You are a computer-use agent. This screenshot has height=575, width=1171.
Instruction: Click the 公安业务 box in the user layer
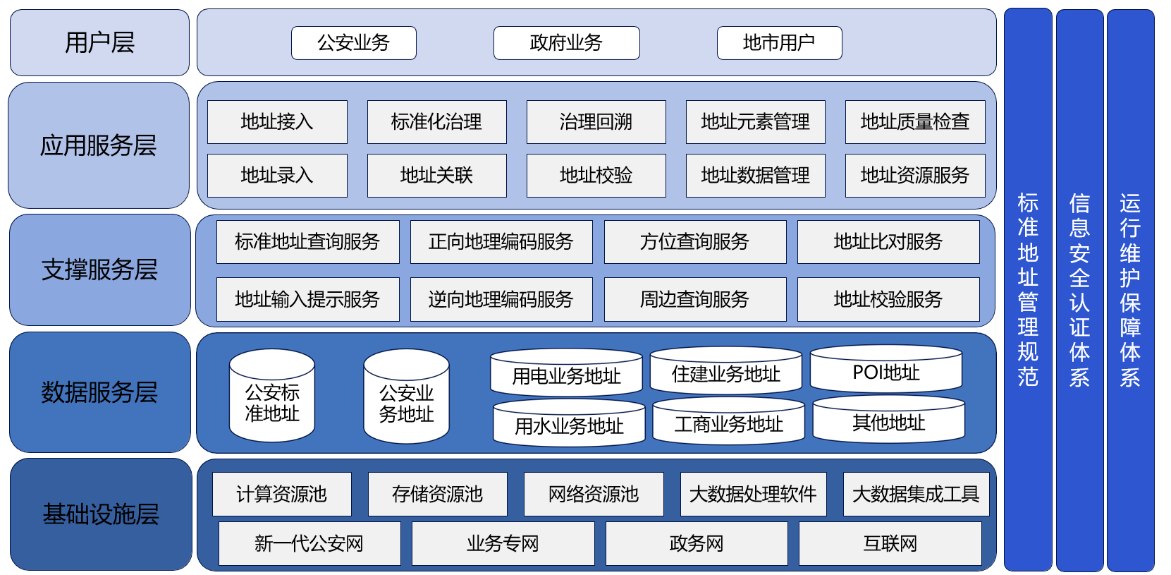click(x=353, y=43)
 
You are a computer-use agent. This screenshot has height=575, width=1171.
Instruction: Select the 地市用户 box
click(x=779, y=43)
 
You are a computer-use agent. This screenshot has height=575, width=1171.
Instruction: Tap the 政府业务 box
click(x=566, y=43)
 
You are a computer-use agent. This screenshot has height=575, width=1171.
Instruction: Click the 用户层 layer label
click(x=99, y=42)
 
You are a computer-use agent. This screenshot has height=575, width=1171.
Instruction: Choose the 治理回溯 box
click(x=596, y=122)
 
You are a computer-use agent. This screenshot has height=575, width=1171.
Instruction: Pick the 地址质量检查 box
click(x=914, y=122)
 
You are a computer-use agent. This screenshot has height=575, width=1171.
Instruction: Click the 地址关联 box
click(x=436, y=175)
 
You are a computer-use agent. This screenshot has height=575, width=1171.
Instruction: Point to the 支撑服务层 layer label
click(x=99, y=270)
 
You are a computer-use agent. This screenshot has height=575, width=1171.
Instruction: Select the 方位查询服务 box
click(x=694, y=242)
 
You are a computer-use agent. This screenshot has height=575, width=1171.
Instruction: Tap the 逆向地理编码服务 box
click(x=501, y=299)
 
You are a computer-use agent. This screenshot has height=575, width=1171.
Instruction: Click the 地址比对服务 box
click(x=888, y=242)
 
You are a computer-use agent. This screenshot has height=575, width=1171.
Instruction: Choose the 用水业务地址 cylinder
click(x=569, y=423)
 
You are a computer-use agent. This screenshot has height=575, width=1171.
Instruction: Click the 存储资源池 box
click(x=437, y=494)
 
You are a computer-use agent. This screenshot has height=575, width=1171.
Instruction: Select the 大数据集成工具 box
click(x=915, y=494)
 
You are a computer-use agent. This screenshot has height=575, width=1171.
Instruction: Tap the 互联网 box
click(x=890, y=543)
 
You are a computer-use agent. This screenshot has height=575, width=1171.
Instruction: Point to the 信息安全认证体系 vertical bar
click(x=1079, y=289)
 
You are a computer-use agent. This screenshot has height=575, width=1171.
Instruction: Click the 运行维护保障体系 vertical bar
click(x=1130, y=289)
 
